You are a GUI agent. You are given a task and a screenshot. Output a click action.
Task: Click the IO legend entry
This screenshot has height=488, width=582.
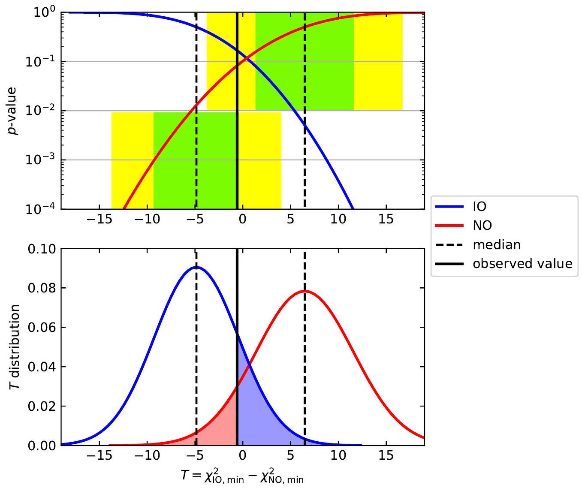[479, 207]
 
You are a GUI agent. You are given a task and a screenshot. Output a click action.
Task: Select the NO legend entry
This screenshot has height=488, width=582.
[482, 226]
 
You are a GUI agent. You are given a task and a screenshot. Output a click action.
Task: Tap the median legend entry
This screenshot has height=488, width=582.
[496, 245]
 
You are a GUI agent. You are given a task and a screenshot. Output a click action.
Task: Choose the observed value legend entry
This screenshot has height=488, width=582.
[522, 263]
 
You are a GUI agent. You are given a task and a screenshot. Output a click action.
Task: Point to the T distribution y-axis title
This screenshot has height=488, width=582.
[15, 346]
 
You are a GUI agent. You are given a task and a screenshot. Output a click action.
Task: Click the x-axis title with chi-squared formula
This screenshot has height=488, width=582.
[242, 476]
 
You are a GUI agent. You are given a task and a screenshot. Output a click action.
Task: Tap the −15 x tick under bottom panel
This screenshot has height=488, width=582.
[99, 455]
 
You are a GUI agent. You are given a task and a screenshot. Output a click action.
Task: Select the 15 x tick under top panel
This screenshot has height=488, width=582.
[386, 219]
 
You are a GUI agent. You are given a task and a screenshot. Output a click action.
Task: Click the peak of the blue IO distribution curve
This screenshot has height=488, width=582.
[196, 267]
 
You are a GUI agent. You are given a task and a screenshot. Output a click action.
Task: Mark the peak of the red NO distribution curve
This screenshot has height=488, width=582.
[304, 291]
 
